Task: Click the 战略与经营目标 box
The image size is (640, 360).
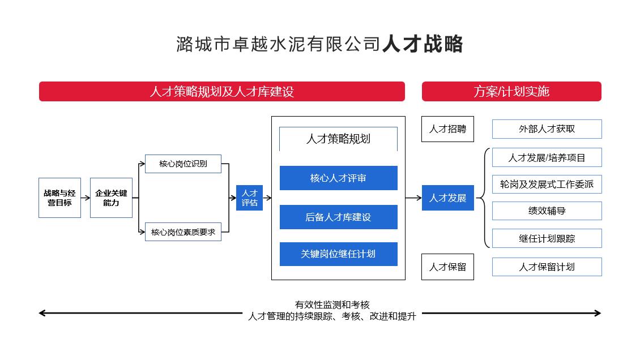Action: pos(59,198)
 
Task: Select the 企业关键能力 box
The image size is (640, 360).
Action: pos(111,198)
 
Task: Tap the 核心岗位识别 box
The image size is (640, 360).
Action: pos(183,164)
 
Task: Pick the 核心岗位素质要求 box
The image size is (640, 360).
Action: pos(183,232)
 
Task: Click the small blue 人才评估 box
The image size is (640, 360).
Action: pos(249,198)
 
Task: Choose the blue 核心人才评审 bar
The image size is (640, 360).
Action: pos(338,178)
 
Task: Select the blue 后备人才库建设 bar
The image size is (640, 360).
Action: pos(338,217)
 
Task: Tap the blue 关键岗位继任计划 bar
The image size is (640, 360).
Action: pos(338,254)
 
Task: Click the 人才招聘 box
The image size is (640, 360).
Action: pos(447,129)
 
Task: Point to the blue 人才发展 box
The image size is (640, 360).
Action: pos(447,198)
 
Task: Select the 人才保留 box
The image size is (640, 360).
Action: pos(447,267)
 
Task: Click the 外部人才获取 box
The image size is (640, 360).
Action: pos(547,129)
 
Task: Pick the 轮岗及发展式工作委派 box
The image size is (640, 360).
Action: pos(547,184)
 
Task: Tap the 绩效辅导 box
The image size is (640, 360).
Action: pos(547,211)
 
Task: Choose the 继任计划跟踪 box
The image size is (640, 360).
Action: pos(547,238)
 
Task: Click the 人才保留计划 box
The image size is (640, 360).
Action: pos(547,267)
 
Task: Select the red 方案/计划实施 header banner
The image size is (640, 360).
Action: pos(511,91)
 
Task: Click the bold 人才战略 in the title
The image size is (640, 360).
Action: pos(423,44)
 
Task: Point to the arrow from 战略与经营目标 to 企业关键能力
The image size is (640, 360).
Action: pos(85,198)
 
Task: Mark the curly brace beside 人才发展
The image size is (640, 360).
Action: pos(483,198)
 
